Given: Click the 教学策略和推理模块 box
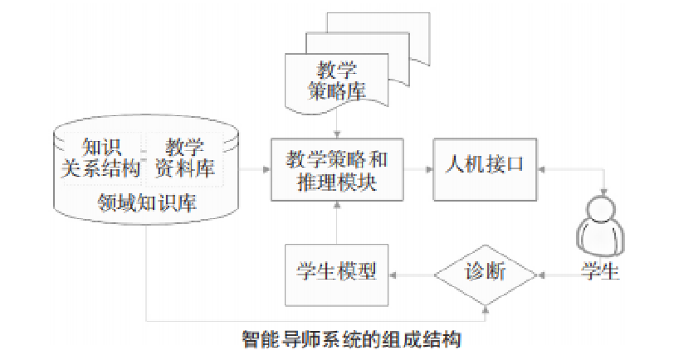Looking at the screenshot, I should coord(336,170).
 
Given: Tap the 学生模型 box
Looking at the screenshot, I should coord(336,272).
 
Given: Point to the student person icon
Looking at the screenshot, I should coord(599,227).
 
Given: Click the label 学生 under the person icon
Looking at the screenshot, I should coord(599,271).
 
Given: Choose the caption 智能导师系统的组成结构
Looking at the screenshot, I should coord(351,339).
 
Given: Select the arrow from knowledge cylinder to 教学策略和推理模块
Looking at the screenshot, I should coord(253,169).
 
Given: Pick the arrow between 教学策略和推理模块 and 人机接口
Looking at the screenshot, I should coord(418,169).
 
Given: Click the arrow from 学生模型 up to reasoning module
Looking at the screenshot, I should coord(336,222).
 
